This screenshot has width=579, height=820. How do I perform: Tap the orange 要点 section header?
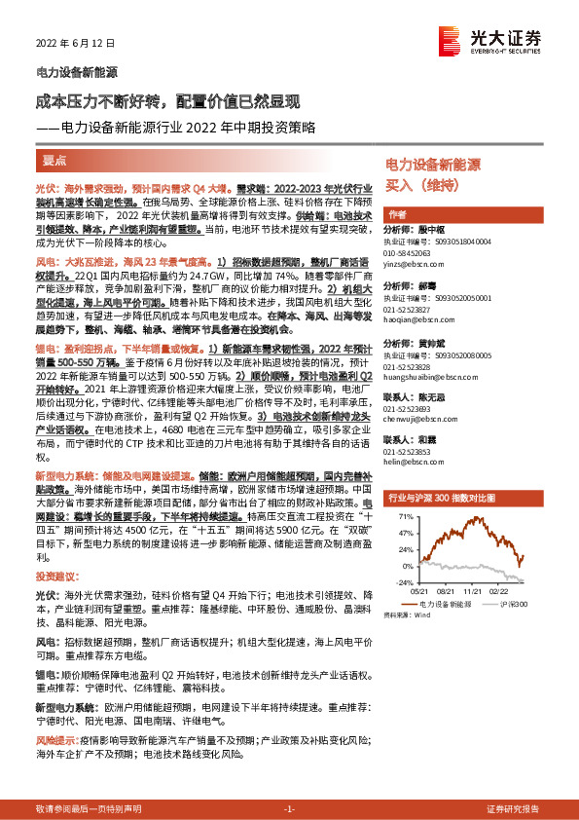(x=55, y=160)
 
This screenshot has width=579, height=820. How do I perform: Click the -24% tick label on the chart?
(x=401, y=582)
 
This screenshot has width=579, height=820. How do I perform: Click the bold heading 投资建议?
(x=59, y=578)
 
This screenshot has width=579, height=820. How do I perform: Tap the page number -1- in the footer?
(x=289, y=809)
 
